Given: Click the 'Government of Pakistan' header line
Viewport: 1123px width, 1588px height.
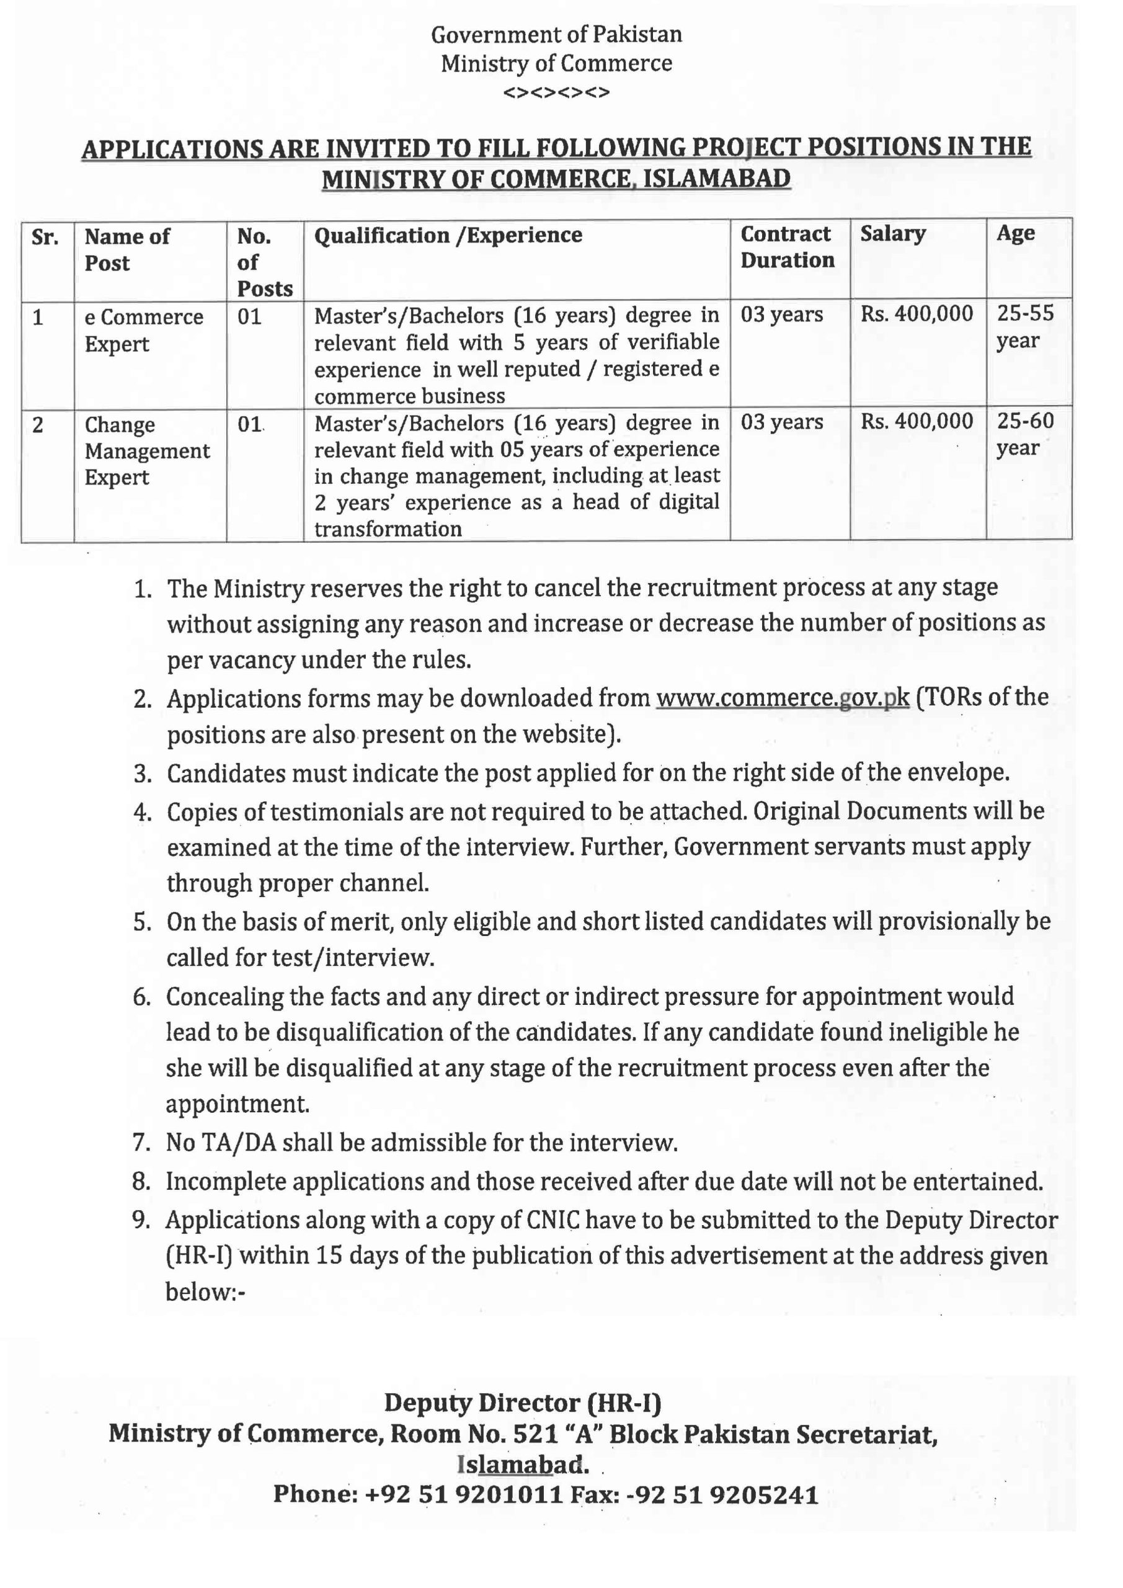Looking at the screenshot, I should [556, 35].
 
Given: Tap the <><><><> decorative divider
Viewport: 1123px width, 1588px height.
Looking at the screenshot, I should [556, 92].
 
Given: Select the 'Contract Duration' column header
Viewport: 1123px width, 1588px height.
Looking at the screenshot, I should [787, 247].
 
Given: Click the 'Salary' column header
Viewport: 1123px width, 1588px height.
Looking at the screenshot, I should [892, 234].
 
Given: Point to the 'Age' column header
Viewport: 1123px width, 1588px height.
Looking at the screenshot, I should [1015, 233].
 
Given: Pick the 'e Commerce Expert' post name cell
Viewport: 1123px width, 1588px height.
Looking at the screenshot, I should [144, 331].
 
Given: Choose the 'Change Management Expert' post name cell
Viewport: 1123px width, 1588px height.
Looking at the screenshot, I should [146, 451].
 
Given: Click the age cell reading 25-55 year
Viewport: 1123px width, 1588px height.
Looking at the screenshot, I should [1025, 326].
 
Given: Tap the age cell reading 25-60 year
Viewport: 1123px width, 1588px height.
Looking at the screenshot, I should [1025, 434].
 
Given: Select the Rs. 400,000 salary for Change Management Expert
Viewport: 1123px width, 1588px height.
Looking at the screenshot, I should [917, 421].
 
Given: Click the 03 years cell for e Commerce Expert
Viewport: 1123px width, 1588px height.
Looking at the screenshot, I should [781, 314].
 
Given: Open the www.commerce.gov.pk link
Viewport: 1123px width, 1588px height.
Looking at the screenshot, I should [782, 697].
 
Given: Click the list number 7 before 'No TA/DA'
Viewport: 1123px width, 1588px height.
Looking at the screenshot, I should [142, 1143].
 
